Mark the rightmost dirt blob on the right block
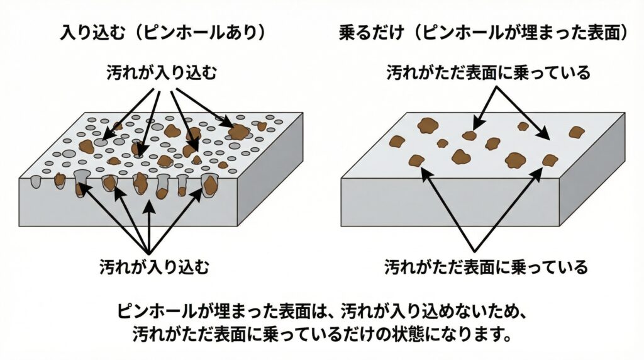pyautogui.click(x=577, y=132)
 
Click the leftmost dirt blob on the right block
pyautogui.click(x=397, y=141)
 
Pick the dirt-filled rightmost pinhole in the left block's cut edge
pyautogui.click(x=209, y=185)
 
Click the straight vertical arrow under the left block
pyautogui.click(x=148, y=223)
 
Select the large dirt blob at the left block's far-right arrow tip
pyautogui.click(x=239, y=132)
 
